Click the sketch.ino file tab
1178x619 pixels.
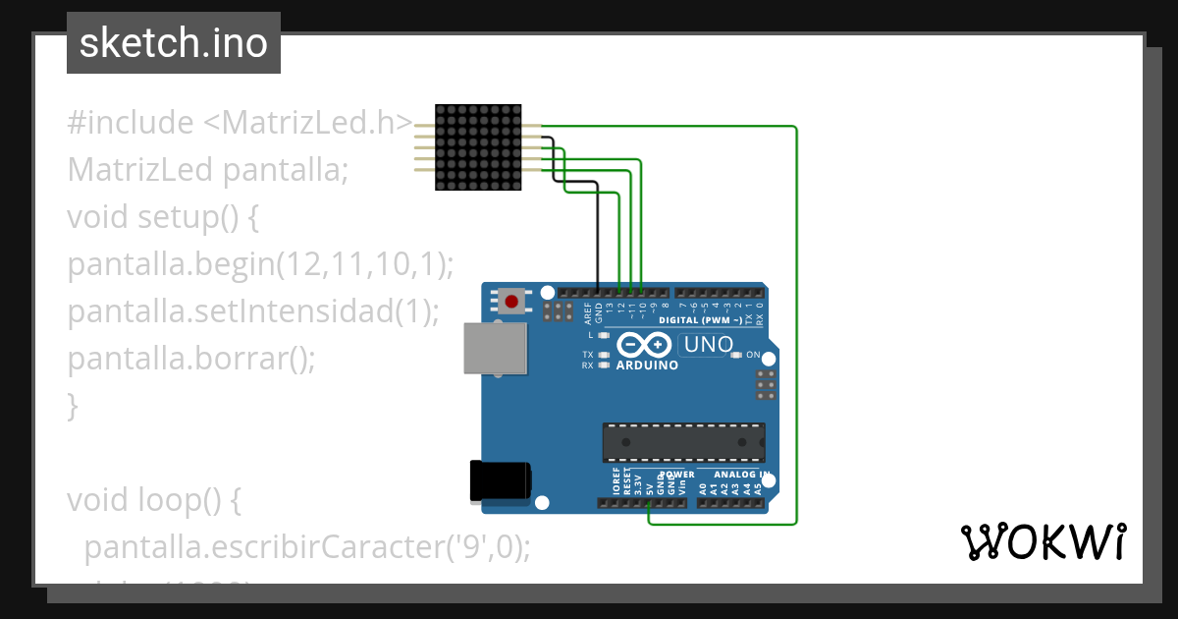click(x=174, y=43)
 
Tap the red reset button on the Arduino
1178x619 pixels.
click(x=510, y=300)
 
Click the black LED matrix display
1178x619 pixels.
click(x=477, y=147)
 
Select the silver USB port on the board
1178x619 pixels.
click(x=494, y=349)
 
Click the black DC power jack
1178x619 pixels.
click(x=500, y=480)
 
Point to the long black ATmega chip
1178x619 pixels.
click(x=683, y=442)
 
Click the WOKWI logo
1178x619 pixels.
click(x=1043, y=541)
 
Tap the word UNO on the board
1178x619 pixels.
click(x=708, y=345)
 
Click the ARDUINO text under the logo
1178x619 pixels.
click(x=647, y=366)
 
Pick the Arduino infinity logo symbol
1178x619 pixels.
click(x=645, y=345)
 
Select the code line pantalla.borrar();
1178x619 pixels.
click(x=191, y=359)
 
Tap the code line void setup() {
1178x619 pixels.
click(x=163, y=217)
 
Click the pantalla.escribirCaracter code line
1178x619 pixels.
click(x=307, y=547)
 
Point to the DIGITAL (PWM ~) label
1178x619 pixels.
click(x=701, y=320)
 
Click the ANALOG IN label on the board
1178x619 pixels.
click(x=741, y=475)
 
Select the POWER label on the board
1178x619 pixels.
click(x=676, y=475)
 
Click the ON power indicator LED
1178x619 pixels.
click(x=736, y=355)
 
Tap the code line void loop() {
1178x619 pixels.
click(x=153, y=500)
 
